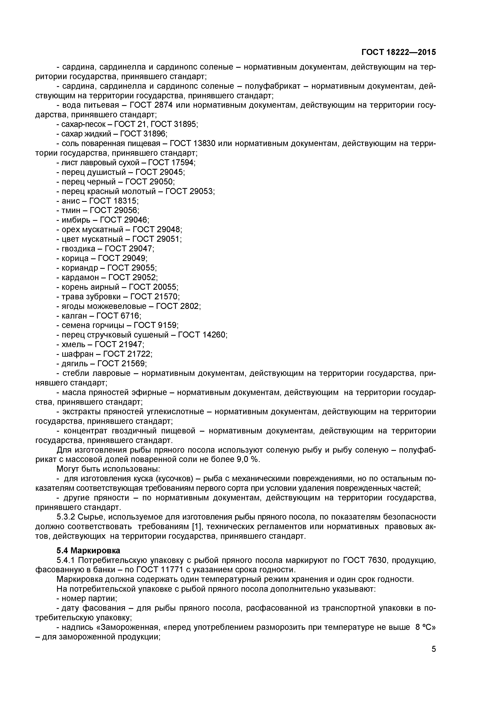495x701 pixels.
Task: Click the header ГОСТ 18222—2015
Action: click(x=398, y=53)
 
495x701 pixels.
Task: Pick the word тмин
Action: click(x=71, y=210)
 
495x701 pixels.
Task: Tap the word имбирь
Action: click(x=76, y=220)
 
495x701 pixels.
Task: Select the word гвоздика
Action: click(x=78, y=249)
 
